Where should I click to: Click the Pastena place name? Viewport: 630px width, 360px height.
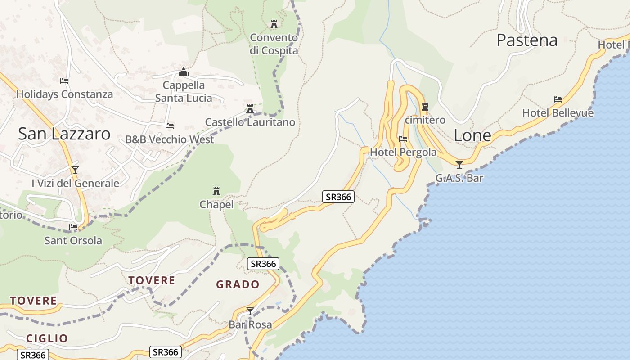527,40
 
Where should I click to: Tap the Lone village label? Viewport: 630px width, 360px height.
472,135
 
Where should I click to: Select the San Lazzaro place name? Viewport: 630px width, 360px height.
64,134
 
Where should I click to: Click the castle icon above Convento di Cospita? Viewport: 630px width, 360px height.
274,24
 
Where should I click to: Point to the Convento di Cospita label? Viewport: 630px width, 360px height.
274,44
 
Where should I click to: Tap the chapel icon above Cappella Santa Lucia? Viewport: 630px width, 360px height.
183,72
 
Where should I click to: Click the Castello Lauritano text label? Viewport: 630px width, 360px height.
250,122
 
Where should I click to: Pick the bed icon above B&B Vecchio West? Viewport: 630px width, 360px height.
170,126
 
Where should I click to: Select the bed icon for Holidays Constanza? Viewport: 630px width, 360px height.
64,81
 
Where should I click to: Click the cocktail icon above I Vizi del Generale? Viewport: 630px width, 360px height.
75,170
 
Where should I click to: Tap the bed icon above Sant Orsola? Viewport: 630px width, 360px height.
73,227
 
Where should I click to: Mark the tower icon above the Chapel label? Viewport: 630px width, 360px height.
216,191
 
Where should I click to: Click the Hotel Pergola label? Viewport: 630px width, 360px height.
403,153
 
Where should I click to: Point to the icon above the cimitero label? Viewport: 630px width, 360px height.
425,107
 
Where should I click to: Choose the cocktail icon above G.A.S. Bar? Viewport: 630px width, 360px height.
459,165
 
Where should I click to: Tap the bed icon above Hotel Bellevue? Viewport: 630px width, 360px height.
558,99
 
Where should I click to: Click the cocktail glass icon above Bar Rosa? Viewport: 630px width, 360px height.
250,311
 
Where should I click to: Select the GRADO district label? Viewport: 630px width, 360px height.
238,284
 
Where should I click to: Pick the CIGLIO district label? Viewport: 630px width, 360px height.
47,338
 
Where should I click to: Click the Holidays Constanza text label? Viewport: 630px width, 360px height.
64,94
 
